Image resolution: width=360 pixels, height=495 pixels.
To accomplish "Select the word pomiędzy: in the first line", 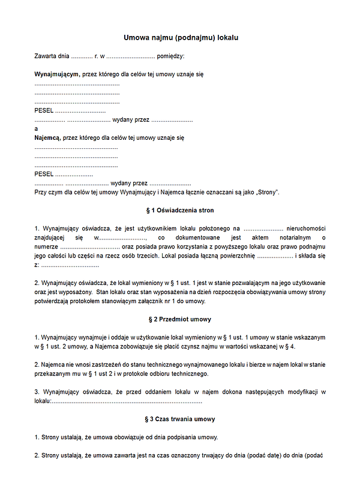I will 171,56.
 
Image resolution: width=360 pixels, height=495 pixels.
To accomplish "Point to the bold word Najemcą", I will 47,137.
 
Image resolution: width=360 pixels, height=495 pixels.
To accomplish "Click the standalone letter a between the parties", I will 37,128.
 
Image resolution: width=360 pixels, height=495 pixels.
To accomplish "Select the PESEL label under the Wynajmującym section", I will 44,110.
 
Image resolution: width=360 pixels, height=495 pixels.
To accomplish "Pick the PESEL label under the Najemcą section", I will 44,174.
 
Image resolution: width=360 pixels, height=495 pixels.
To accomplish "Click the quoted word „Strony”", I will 266,192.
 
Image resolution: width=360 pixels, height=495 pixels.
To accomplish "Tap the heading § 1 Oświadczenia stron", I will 179,211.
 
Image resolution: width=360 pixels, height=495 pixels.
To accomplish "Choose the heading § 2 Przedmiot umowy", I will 179,319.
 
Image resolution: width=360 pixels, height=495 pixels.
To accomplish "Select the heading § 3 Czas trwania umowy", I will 179,419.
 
